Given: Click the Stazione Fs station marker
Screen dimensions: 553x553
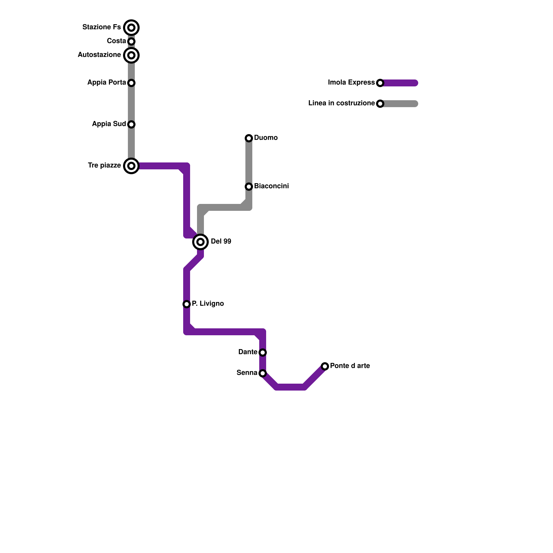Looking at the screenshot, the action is (x=131, y=28).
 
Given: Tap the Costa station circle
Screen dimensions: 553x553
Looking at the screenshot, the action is (x=131, y=41).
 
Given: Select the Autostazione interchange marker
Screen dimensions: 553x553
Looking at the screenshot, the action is (x=131, y=55).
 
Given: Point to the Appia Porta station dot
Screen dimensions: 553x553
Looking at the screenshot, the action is (x=131, y=83).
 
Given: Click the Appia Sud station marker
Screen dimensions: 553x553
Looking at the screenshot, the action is (x=131, y=124).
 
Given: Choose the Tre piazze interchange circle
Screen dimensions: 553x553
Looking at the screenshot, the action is (x=131, y=166).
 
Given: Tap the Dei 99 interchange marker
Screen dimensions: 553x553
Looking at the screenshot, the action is (x=200, y=242).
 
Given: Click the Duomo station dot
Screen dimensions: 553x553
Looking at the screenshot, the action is (x=249, y=138).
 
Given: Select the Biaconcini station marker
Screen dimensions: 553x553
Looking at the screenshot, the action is (x=249, y=187).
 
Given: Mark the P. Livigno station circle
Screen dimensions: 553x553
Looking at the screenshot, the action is (x=187, y=304).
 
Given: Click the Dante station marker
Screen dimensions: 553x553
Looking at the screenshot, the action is (x=263, y=353).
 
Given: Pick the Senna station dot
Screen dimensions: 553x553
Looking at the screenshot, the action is (x=263, y=373).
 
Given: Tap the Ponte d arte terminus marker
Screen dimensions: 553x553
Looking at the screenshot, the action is (x=325, y=366).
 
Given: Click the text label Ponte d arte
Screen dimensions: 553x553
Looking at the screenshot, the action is (x=350, y=366).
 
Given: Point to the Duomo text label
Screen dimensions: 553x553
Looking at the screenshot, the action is (x=265, y=138).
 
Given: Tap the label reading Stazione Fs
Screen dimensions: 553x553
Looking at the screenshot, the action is (x=102, y=27).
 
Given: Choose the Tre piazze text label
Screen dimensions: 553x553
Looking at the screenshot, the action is (x=104, y=165).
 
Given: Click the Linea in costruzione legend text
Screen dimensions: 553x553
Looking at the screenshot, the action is (x=341, y=103).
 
